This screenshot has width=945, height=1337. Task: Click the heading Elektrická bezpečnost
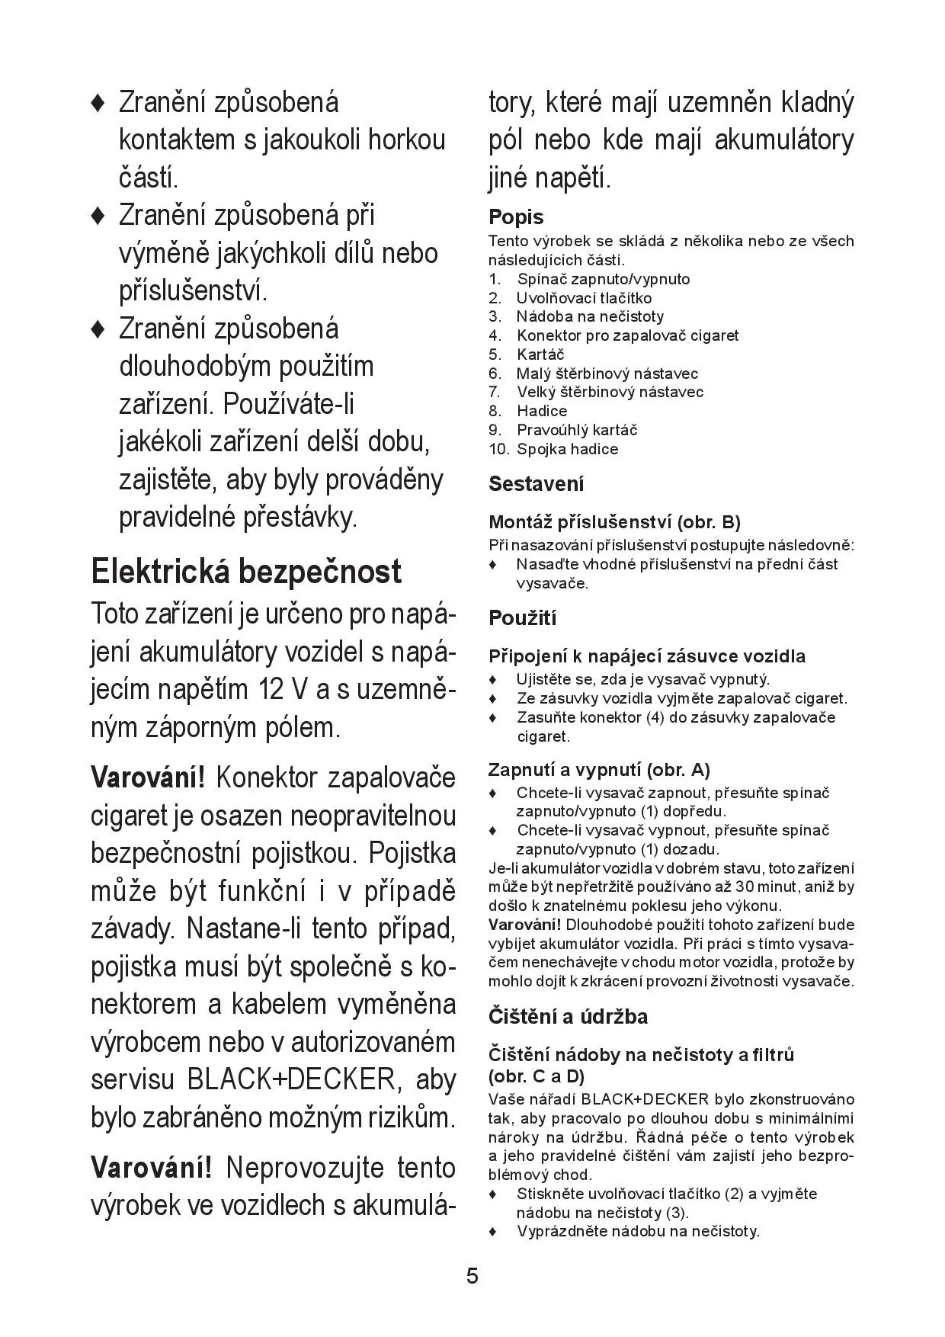[245, 572]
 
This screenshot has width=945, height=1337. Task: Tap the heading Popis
[516, 218]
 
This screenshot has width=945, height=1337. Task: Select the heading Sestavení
[537, 484]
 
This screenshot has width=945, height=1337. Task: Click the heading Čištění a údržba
[568, 1017]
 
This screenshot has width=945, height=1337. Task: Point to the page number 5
[472, 1276]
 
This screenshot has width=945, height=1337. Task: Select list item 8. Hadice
[527, 411]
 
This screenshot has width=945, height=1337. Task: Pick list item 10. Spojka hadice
[553, 449]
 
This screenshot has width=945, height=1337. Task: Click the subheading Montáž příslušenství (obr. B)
[614, 522]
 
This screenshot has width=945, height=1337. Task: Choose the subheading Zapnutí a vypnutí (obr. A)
[599, 769]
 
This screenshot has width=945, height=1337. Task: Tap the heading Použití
[523, 618]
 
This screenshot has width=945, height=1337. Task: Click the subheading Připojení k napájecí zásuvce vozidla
[647, 656]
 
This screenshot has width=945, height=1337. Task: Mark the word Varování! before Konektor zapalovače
[148, 778]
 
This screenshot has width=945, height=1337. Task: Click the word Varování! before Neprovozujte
[151, 1168]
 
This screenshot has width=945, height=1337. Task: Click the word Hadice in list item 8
[542, 411]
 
